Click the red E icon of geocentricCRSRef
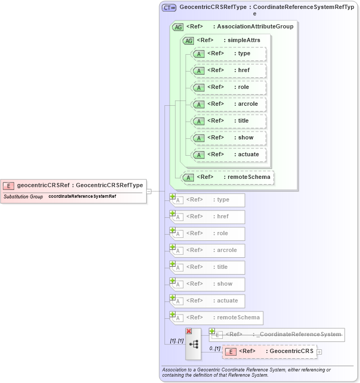tap(8, 185)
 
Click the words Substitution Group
tap(23, 196)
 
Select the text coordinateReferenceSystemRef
tap(82, 196)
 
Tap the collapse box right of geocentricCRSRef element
tap(149, 191)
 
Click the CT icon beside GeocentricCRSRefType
tap(169, 8)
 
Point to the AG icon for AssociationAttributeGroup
tap(178, 27)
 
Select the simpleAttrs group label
tap(243, 40)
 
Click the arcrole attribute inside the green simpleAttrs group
tap(229, 104)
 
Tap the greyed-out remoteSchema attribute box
tap(217, 318)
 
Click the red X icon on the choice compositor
tap(188, 331)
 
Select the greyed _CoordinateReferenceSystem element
tap(277, 335)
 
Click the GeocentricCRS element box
tap(269, 351)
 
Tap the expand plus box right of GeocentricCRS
tap(319, 351)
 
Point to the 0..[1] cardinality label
tap(214, 348)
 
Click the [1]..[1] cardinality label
tap(172, 341)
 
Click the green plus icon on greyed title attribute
tap(172, 264)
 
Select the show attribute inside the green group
tap(229, 137)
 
